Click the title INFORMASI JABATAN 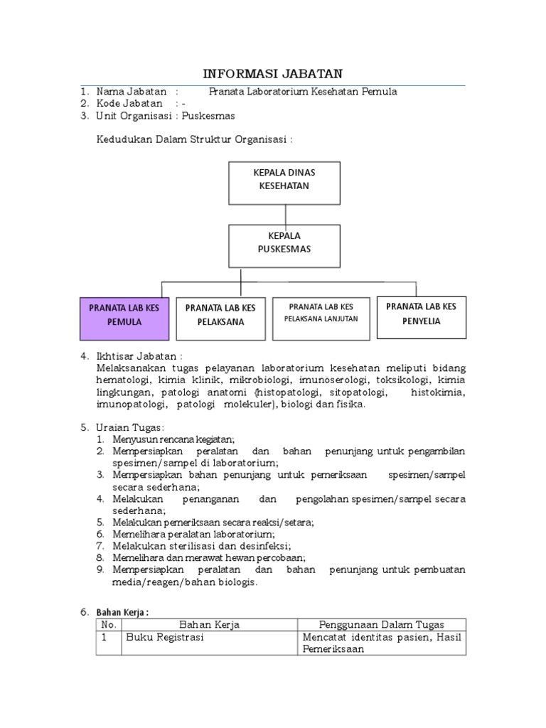(x=273, y=73)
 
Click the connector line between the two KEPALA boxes (x=285, y=214)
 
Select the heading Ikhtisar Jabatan (x=140, y=355)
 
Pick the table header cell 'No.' (x=109, y=625)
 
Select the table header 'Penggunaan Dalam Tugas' (x=381, y=625)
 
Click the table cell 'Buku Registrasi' (x=165, y=638)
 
